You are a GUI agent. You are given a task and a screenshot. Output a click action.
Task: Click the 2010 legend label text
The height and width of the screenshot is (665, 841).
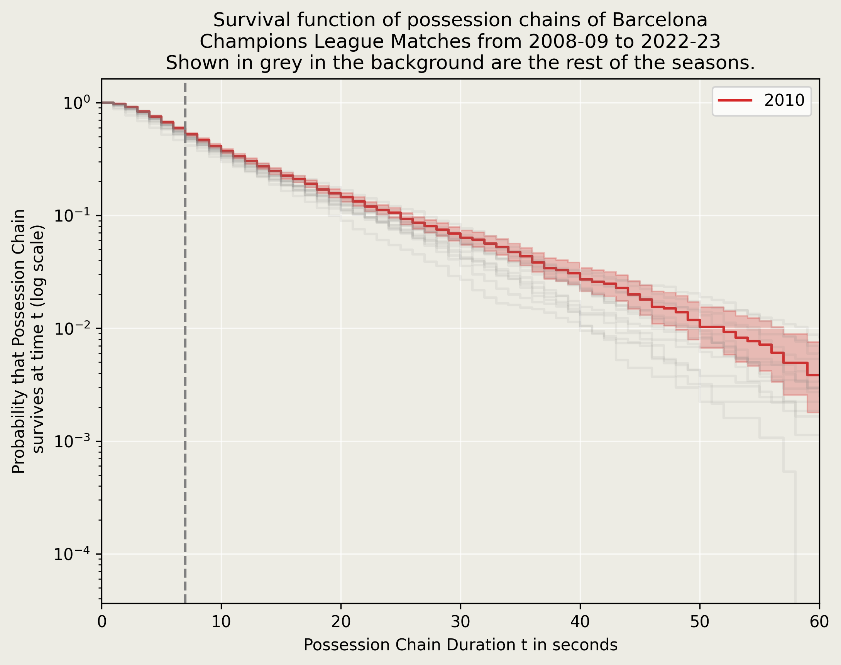click(x=784, y=101)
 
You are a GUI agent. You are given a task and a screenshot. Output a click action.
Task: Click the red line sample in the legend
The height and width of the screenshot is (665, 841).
click(x=735, y=101)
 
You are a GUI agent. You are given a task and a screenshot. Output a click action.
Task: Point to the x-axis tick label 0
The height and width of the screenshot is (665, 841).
click(x=102, y=622)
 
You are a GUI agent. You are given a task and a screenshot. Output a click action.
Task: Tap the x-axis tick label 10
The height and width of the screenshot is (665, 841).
click(x=221, y=622)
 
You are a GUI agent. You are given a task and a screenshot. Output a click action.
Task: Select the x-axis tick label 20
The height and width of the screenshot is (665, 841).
click(x=341, y=622)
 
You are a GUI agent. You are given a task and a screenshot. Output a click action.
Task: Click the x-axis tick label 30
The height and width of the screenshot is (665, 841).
click(x=460, y=622)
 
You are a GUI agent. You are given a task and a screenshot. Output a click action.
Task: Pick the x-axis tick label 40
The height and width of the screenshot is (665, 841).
click(x=580, y=622)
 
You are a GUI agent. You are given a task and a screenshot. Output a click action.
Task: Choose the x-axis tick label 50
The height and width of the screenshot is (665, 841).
click(x=700, y=622)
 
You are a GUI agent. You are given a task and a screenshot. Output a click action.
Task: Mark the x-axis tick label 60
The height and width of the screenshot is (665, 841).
click(x=819, y=622)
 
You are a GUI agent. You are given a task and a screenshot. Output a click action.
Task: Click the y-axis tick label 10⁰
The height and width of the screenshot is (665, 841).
click(x=77, y=103)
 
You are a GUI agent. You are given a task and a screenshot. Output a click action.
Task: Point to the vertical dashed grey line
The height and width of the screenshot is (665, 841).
click(x=185, y=350)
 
